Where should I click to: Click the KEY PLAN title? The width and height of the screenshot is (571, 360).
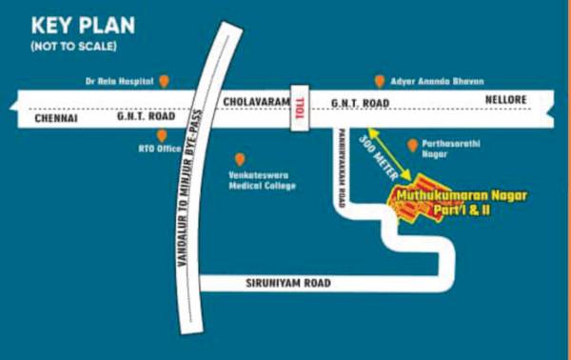(x=83, y=25)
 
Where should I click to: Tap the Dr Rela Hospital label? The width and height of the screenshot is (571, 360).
(x=120, y=81)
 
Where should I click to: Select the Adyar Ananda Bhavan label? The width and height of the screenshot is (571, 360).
(x=436, y=81)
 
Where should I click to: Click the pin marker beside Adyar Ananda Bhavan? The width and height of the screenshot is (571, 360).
(x=380, y=81)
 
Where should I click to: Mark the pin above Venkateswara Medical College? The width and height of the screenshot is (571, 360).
(x=239, y=159)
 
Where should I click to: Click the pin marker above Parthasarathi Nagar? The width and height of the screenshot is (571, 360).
(x=412, y=145)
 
